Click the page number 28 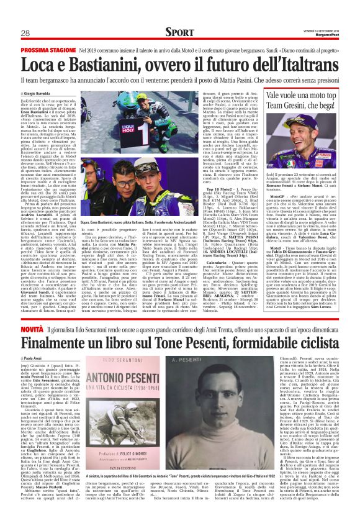[x=25, y=33]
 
